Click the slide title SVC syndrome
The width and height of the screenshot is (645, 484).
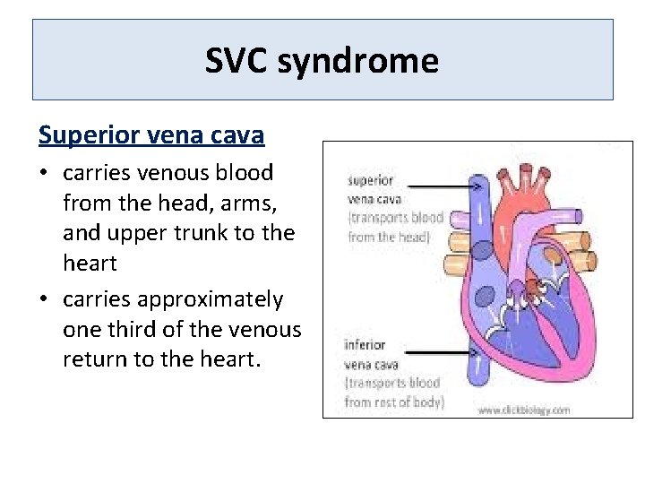tap(322, 61)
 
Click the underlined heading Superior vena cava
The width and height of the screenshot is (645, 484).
tap(151, 135)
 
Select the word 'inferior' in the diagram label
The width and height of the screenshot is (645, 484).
tap(365, 345)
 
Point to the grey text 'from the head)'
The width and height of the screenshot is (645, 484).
tap(389, 237)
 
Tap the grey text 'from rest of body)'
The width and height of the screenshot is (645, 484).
tap(394, 402)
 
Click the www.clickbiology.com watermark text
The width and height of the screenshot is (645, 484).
tap(523, 410)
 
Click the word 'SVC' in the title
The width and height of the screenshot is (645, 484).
tap(237, 61)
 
